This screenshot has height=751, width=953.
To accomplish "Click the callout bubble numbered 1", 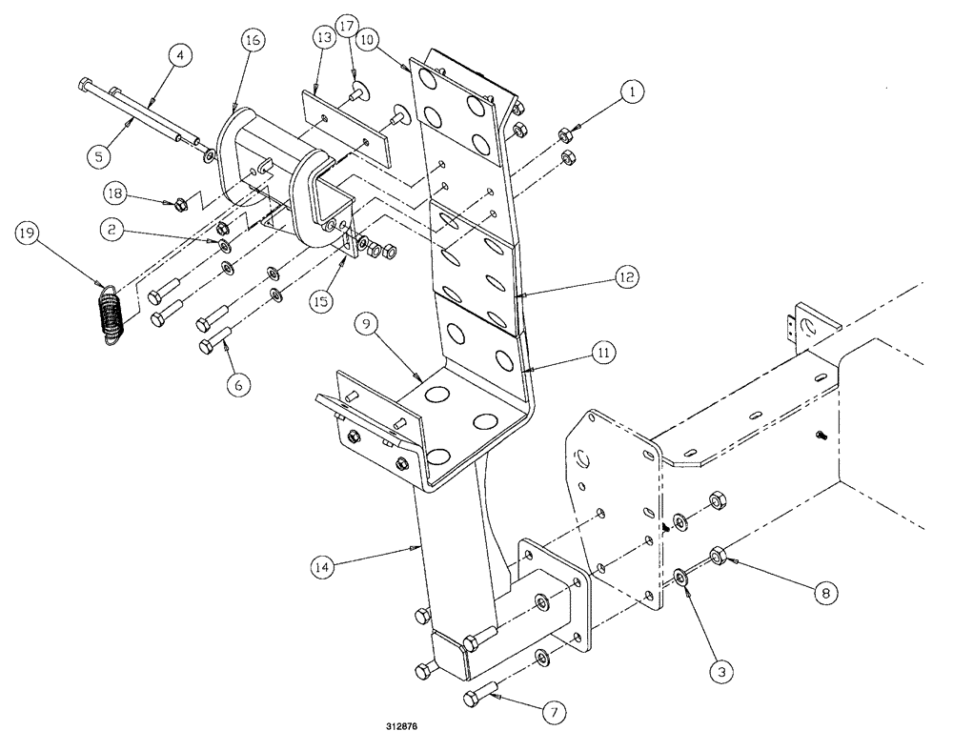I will click(630, 93).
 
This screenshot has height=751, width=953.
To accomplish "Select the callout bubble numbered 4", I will click(178, 56).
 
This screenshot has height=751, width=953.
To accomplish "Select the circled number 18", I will click(115, 193).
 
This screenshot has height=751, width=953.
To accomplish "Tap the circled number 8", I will click(824, 592).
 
